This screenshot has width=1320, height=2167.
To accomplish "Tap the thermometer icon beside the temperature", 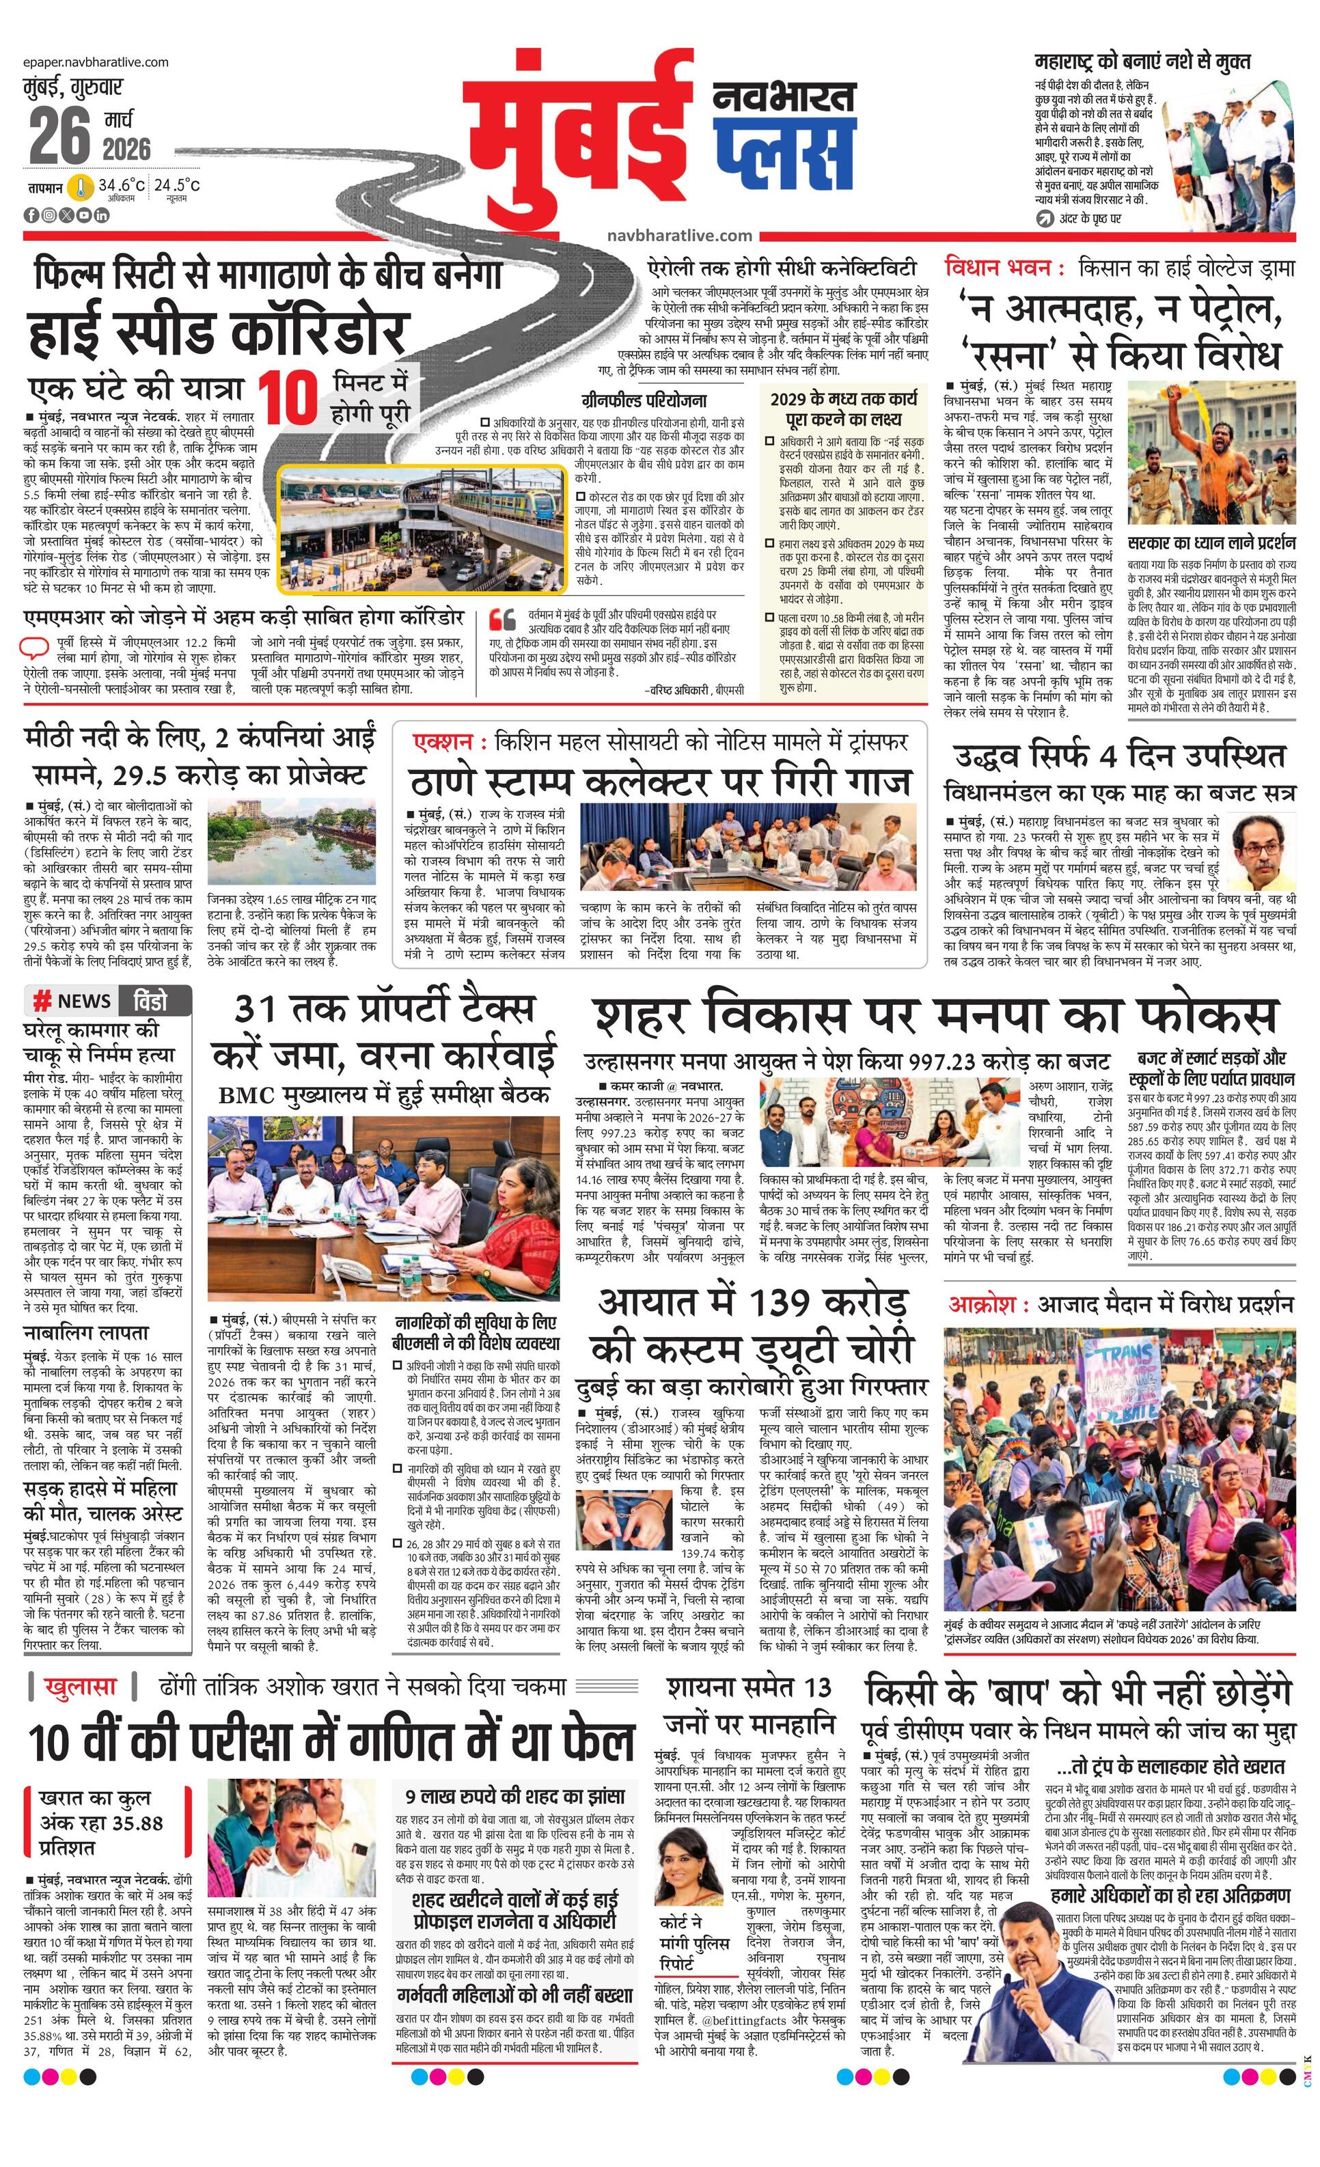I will point(82,187).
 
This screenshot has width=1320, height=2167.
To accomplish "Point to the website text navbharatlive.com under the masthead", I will point(679,235).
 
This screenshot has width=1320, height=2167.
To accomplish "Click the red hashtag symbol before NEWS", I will point(41,1001).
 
